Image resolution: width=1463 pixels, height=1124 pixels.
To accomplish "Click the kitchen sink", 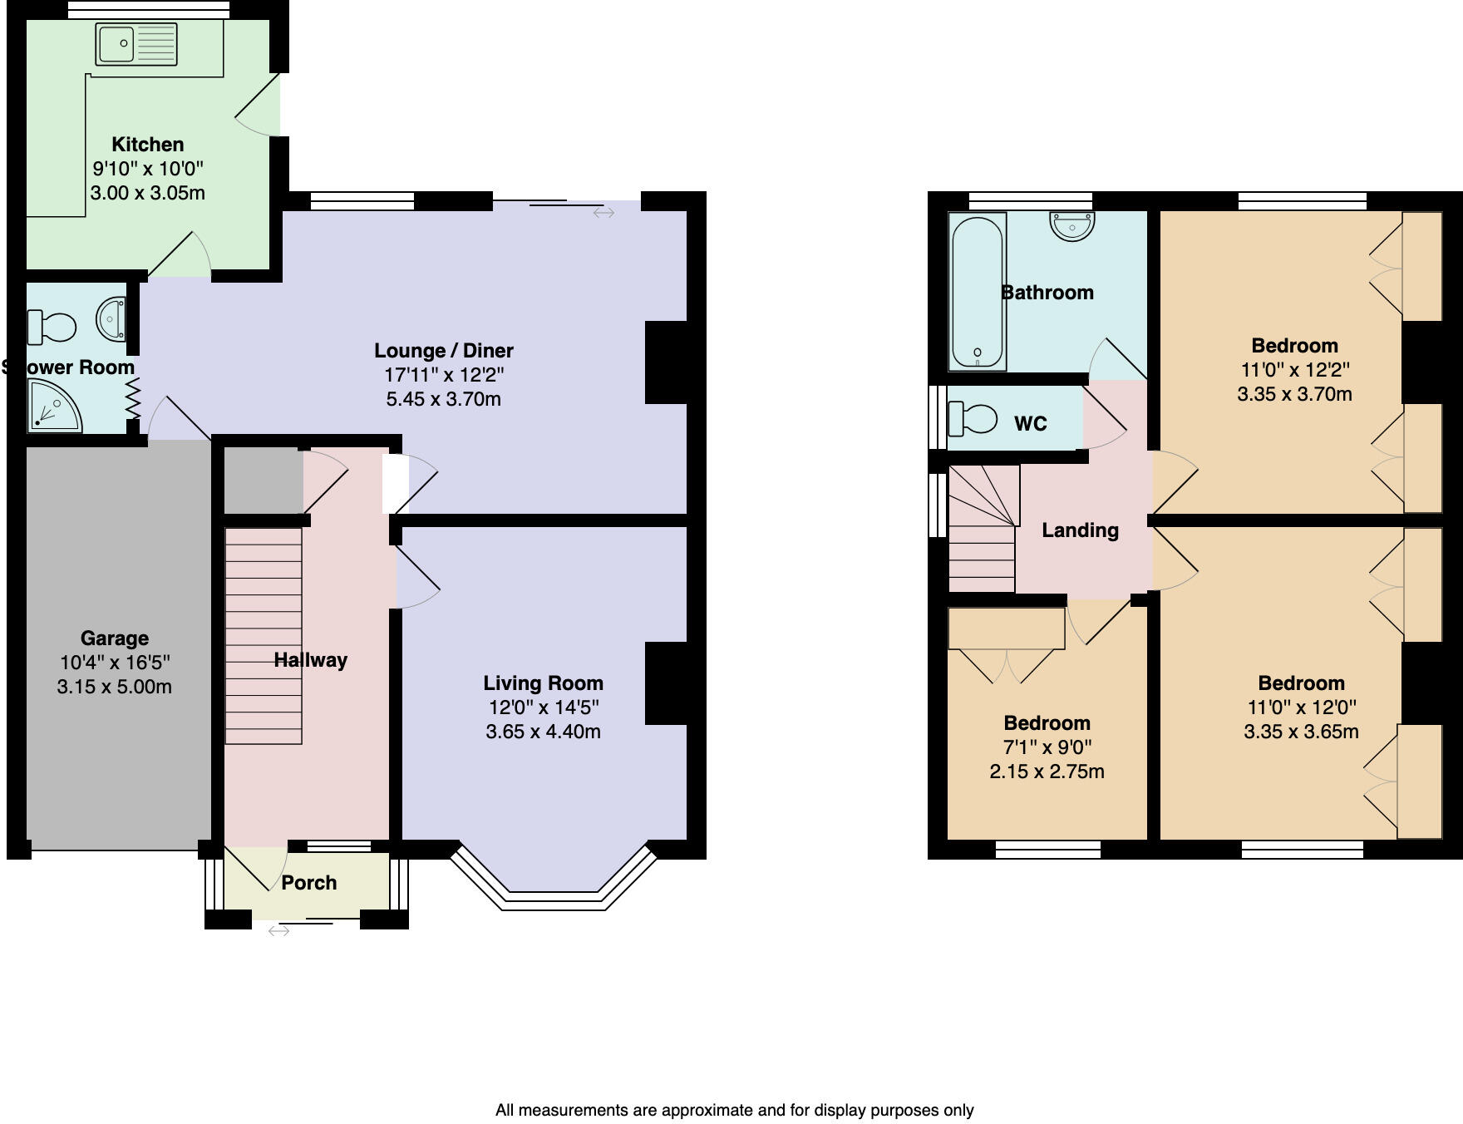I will pyautogui.click(x=136, y=44).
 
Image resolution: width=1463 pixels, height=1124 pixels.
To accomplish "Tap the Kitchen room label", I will pyautogui.click(x=147, y=145).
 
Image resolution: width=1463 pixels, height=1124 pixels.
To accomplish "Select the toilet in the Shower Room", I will pyautogui.click(x=52, y=326).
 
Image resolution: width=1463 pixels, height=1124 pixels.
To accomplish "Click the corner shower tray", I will pyautogui.click(x=54, y=406).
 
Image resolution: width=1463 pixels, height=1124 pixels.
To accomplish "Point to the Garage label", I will pyautogui.click(x=115, y=638).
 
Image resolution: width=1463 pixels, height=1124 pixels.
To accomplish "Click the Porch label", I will pyautogui.click(x=309, y=883).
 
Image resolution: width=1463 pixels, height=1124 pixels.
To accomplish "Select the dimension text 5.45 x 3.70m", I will pyautogui.click(x=443, y=399).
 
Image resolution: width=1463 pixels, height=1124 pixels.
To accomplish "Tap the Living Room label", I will pyautogui.click(x=543, y=683).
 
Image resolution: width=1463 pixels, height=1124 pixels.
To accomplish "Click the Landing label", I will pyautogui.click(x=1080, y=530).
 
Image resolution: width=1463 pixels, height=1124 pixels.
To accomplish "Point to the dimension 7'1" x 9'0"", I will pyautogui.click(x=1047, y=747).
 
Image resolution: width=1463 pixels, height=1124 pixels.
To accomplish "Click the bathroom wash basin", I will pyautogui.click(x=1072, y=224).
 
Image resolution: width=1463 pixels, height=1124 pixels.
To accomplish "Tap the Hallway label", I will pyautogui.click(x=311, y=660).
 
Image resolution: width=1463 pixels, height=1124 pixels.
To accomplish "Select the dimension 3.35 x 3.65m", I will pyautogui.click(x=1301, y=732).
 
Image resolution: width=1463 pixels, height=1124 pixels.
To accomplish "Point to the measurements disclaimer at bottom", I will pyautogui.click(x=734, y=1110).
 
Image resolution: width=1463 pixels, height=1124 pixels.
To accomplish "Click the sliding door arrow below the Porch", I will pyautogui.click(x=278, y=931).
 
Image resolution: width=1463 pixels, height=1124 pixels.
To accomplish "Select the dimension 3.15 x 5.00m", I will pyautogui.click(x=115, y=687).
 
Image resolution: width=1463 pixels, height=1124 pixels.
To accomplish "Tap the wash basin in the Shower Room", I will pyautogui.click(x=111, y=319).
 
